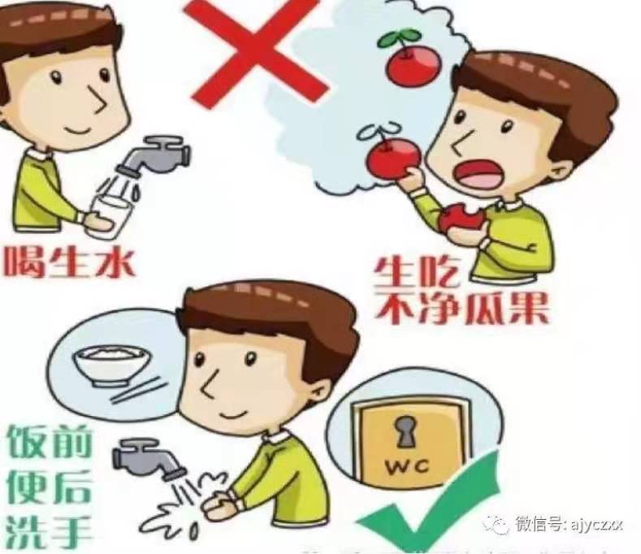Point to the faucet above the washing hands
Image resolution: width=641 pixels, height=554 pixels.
click(x=147, y=455)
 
